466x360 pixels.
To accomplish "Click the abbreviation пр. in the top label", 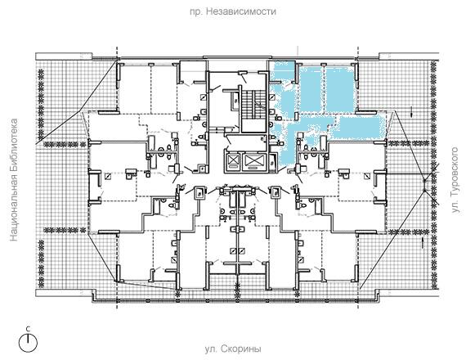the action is [195, 11].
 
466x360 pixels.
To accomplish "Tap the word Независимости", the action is [240, 11].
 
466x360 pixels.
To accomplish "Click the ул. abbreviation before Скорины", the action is [210, 349].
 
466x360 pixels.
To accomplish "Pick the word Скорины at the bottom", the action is [241, 349].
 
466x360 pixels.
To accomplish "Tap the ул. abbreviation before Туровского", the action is [455, 206].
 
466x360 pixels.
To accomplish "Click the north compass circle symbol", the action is [29, 343].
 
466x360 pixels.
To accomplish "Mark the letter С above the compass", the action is [28, 329].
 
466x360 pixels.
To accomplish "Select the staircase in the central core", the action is [253, 110].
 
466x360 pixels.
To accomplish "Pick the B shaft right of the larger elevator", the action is [273, 163].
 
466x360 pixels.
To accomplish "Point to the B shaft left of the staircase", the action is [236, 101].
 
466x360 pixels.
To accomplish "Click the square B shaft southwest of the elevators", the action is [200, 194].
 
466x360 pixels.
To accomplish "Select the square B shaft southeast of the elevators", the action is [276, 193].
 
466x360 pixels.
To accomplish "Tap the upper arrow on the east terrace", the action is [412, 111].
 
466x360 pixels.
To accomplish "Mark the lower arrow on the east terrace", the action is [422, 243].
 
